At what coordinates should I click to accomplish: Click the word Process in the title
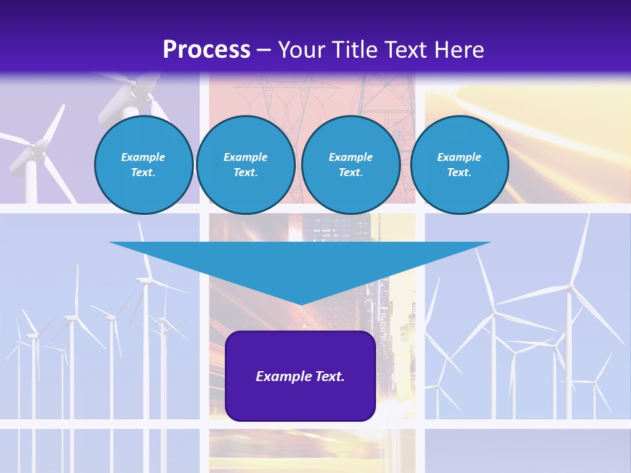[206, 50]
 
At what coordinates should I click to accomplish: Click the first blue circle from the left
[143, 165]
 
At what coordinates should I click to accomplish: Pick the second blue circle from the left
[245, 165]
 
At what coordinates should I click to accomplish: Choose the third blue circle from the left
[350, 165]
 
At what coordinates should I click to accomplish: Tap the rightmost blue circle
[459, 165]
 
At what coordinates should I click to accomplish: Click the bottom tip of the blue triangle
[300, 304]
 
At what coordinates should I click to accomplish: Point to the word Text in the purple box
[329, 376]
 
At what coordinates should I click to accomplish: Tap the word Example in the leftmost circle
[143, 157]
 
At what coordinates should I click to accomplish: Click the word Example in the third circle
[350, 157]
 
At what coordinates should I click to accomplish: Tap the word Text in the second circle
[245, 173]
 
